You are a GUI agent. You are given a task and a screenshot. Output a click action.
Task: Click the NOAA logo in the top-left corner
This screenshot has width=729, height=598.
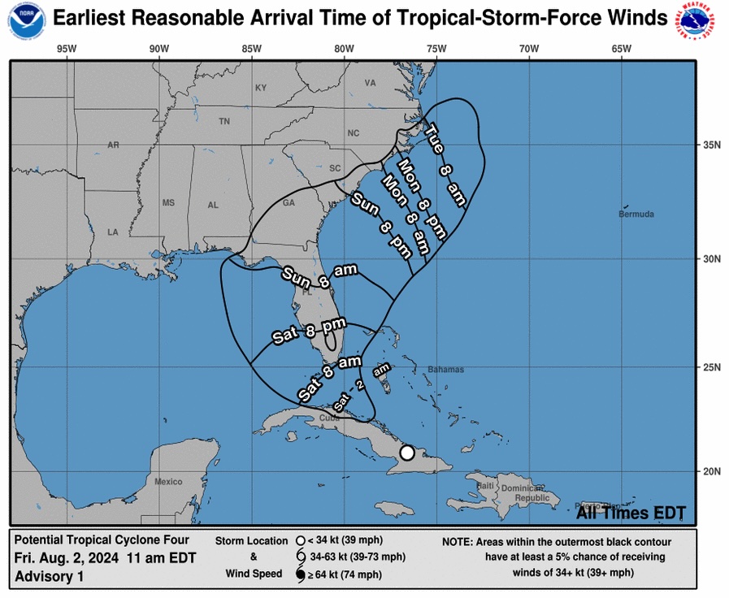[x=26, y=21]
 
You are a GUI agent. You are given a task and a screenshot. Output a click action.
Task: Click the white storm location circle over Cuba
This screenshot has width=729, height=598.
[x=407, y=453]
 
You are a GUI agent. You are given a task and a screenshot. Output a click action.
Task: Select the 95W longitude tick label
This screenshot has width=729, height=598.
[x=67, y=48]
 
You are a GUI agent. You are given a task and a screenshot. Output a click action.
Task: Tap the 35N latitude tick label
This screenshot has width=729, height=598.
[x=712, y=145]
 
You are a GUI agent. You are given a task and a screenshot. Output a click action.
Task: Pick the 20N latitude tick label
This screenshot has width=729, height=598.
[x=712, y=472]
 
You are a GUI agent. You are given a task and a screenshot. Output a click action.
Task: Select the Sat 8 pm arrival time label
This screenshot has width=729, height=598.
[x=303, y=332]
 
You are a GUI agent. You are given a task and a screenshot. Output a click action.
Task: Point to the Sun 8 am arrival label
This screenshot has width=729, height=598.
[x=319, y=274]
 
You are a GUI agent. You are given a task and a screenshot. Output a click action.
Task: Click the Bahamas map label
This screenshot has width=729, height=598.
[x=446, y=370]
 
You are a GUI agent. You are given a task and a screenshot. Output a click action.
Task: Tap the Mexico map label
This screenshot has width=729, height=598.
[x=168, y=482]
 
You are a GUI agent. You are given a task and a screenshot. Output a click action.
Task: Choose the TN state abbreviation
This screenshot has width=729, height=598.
[x=224, y=122]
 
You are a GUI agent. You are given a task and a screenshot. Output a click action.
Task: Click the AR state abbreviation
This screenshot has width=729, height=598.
[x=113, y=145]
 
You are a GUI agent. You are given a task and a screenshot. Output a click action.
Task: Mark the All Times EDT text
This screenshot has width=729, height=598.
[x=631, y=513]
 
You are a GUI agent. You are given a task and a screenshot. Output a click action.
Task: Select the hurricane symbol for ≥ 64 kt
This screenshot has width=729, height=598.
[x=300, y=575]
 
